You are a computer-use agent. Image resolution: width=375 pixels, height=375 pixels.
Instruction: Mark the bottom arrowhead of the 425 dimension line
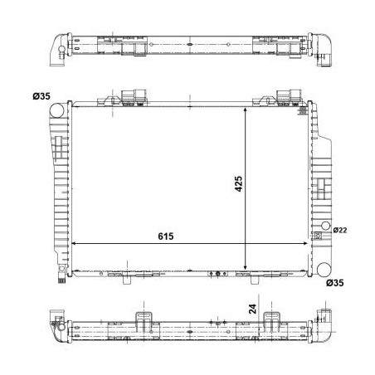pyautogui.click(x=246, y=264)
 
